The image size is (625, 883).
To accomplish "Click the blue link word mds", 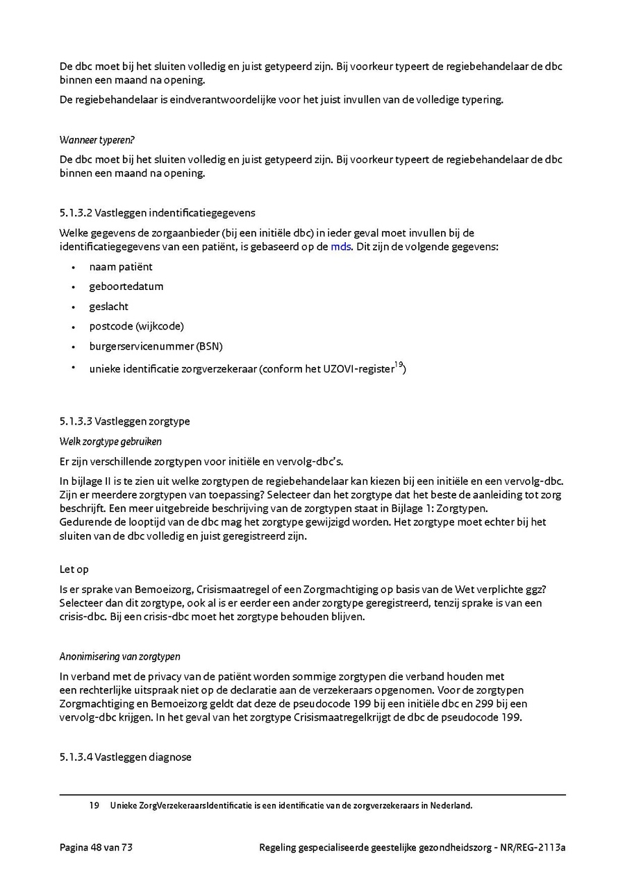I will pyautogui.click(x=340, y=247).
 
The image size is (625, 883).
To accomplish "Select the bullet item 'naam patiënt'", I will pyautogui.click(x=121, y=267).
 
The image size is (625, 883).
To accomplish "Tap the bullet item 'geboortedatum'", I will pyautogui.click(x=126, y=286).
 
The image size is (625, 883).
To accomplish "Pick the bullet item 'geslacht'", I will pyautogui.click(x=108, y=307).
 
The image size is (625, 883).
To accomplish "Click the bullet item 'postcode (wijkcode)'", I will pyautogui.click(x=136, y=326).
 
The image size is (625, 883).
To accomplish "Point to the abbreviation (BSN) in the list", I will pyautogui.click(x=209, y=346).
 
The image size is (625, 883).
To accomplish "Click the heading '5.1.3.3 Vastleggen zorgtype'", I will pyautogui.click(x=124, y=421).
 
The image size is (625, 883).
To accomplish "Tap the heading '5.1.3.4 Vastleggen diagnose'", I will pyautogui.click(x=125, y=757).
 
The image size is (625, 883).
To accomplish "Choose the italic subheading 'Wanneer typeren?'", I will pyautogui.click(x=97, y=139).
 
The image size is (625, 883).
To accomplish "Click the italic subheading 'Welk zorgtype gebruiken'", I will pyautogui.click(x=110, y=441).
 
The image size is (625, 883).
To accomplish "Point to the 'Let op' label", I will pyautogui.click(x=74, y=569).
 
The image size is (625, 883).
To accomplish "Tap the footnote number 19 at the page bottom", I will pyautogui.click(x=94, y=806).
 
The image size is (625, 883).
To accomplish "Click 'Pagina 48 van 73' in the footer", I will pyautogui.click(x=96, y=848).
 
